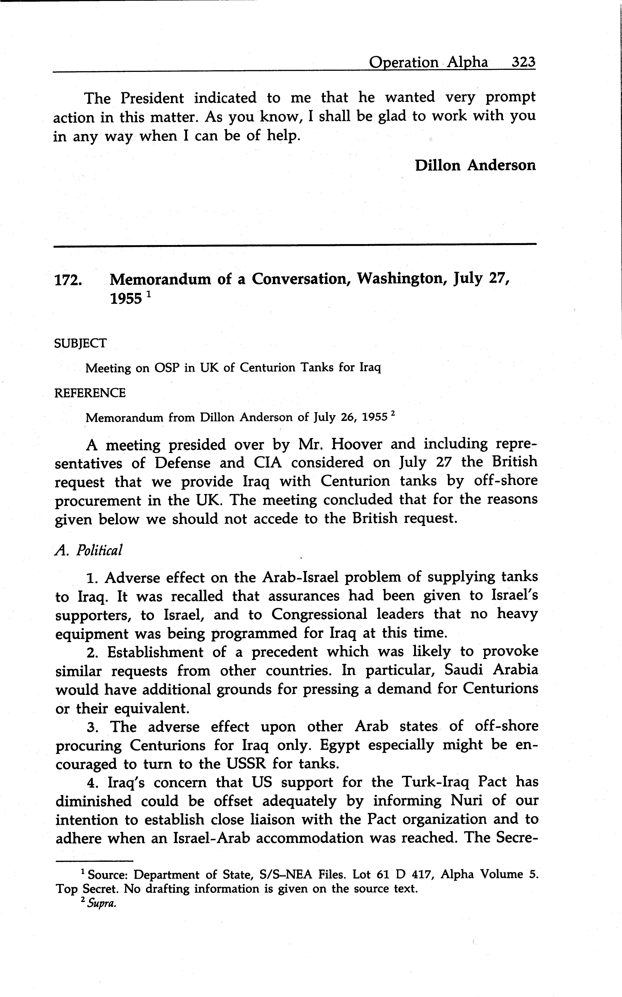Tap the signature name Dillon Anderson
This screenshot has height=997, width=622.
475,165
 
